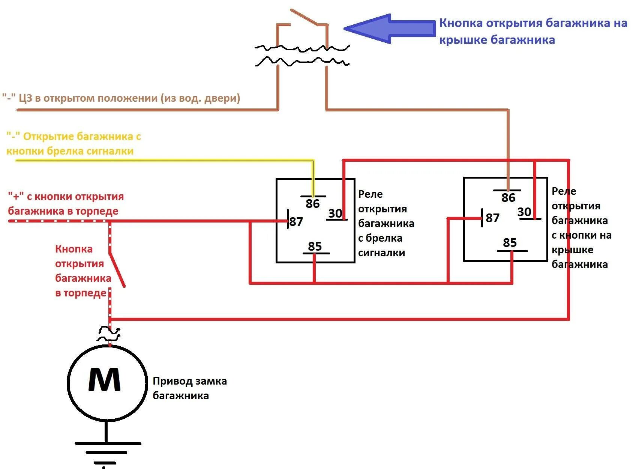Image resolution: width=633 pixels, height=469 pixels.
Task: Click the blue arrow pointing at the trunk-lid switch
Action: tap(390, 29)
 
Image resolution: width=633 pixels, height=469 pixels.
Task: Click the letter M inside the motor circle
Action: tap(105, 380)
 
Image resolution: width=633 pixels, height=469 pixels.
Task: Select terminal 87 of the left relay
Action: tap(295, 221)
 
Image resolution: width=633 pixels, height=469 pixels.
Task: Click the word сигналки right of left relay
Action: tap(381, 253)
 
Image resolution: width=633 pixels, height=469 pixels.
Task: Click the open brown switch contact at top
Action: tap(304, 17)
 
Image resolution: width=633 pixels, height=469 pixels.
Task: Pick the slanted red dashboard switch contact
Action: tap(117, 269)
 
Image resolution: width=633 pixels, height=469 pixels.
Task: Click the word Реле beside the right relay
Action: tap(564, 191)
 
